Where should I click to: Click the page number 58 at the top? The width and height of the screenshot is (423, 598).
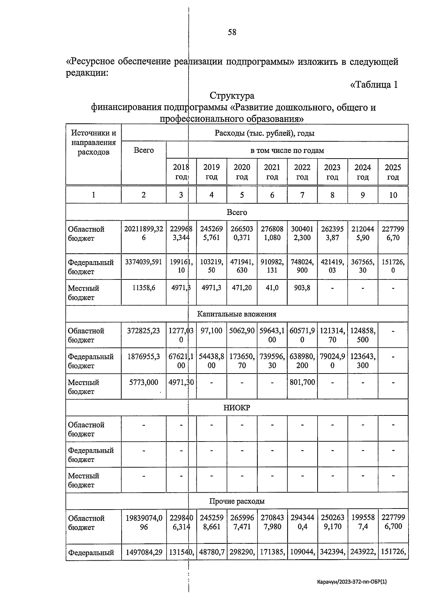pyautogui.click(x=232, y=32)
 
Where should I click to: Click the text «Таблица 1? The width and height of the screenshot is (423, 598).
pyautogui.click(x=374, y=85)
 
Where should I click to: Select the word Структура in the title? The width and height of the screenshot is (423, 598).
pyautogui.click(x=232, y=96)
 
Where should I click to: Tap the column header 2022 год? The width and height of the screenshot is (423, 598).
pyautogui.click(x=302, y=172)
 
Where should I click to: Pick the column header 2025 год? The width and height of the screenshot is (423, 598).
pyautogui.click(x=393, y=172)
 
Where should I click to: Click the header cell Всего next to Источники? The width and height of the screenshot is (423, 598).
pyautogui.click(x=143, y=150)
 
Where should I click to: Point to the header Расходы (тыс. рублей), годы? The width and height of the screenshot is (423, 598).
pyautogui.click(x=264, y=133)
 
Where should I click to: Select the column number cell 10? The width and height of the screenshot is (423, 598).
pyautogui.click(x=393, y=195)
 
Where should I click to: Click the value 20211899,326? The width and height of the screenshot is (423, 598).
pyautogui.click(x=143, y=233)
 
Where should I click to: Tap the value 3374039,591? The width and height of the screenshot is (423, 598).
pyautogui.click(x=143, y=262)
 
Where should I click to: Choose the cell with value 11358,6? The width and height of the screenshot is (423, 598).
pyautogui.click(x=143, y=288)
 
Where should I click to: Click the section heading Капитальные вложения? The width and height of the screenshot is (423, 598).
pyautogui.click(x=237, y=314)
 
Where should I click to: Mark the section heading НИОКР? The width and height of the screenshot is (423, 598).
pyautogui.click(x=237, y=408)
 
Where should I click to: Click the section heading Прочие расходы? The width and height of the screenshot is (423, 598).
pyautogui.click(x=237, y=501)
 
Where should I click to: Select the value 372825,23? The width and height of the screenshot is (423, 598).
pyautogui.click(x=143, y=331)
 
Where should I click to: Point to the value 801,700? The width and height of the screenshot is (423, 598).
pyautogui.click(x=302, y=382)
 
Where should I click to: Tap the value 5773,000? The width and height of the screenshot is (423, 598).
pyautogui.click(x=143, y=382)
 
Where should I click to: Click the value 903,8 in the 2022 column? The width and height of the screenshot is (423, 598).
pyautogui.click(x=302, y=288)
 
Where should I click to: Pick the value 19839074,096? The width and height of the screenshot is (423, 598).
pyautogui.click(x=143, y=523)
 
